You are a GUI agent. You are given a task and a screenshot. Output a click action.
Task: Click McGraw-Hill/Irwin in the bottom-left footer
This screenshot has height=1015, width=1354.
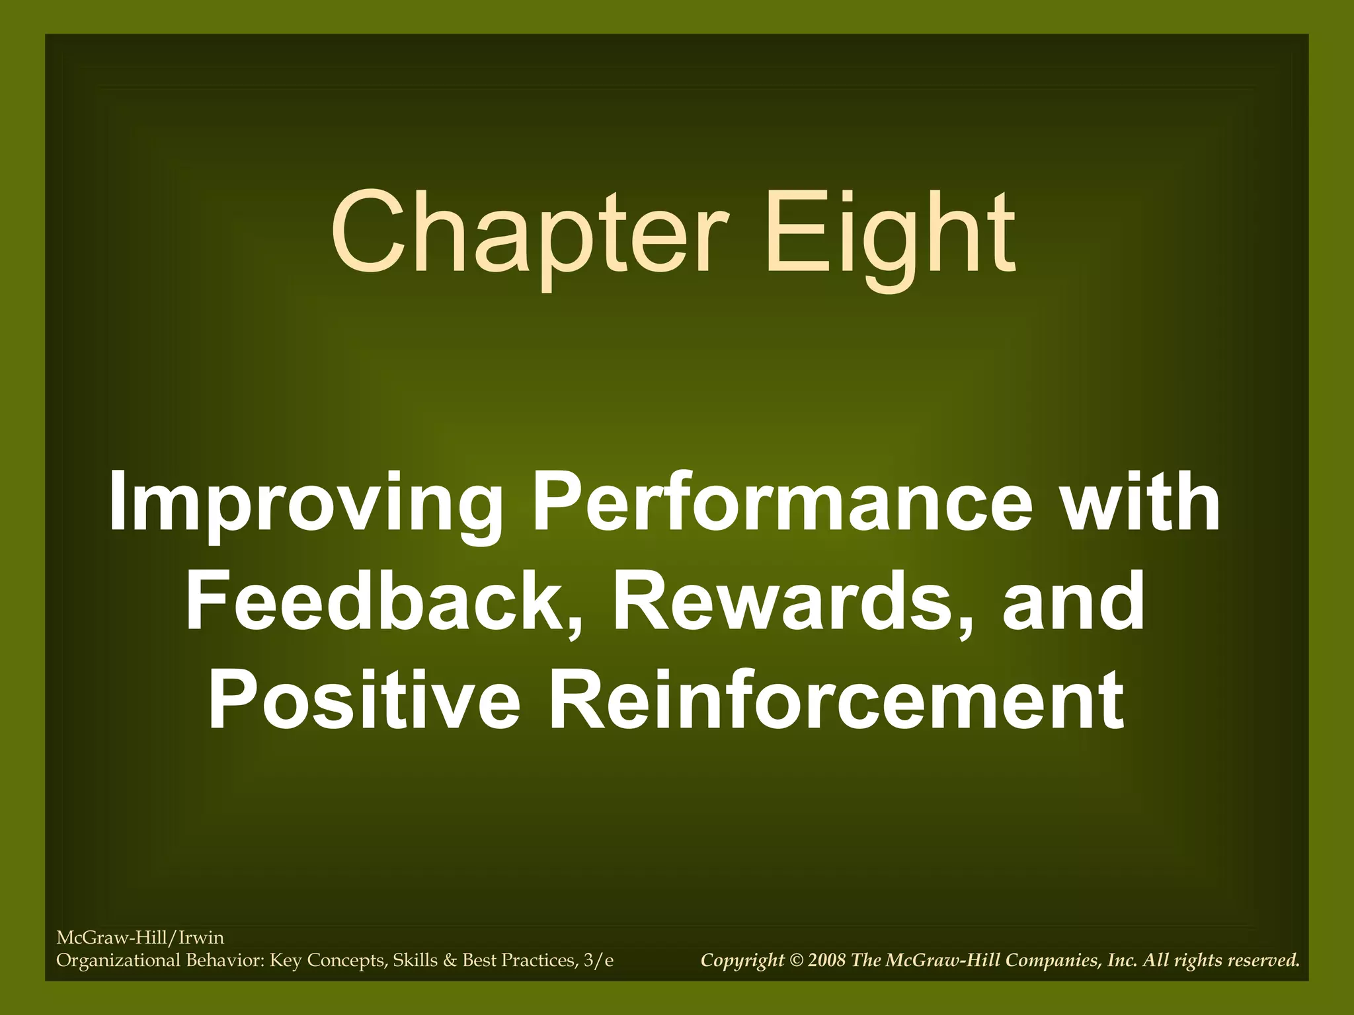point(140,938)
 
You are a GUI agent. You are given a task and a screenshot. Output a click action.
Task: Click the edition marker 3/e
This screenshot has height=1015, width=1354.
point(598,960)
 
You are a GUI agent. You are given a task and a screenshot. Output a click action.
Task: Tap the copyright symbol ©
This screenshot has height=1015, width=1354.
point(796,960)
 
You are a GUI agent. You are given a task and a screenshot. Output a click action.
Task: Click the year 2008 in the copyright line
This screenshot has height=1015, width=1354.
point(826,960)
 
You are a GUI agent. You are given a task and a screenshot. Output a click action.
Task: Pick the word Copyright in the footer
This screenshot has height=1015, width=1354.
point(742,960)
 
